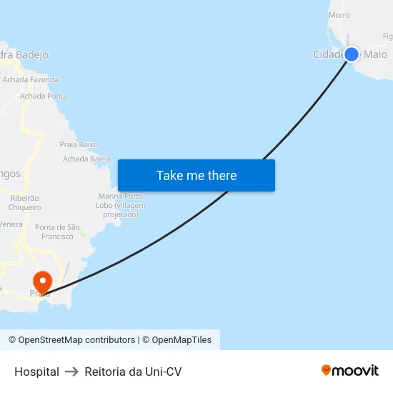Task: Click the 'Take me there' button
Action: pos(196,176)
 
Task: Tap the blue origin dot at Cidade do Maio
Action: pos(351,54)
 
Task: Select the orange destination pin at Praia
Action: pos(42,282)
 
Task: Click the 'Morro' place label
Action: pos(339,15)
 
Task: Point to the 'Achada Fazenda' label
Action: pos(31,80)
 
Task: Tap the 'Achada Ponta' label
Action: pos(44,96)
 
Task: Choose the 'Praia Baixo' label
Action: pos(79,144)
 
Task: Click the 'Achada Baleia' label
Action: pos(87,159)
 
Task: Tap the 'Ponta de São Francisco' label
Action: pos(58,232)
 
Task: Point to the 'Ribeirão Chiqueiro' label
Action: pos(24,202)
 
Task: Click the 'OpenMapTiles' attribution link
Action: pos(181,340)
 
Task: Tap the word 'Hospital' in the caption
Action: pos(36,372)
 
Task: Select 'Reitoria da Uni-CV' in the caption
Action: pos(133,372)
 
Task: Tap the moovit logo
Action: pos(350,370)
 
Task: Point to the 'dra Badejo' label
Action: pos(24,54)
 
